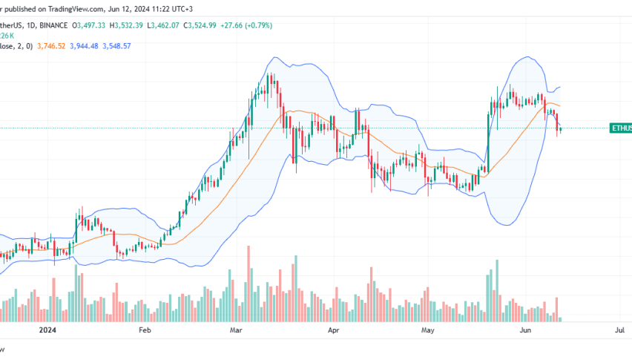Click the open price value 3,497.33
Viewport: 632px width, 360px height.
click(93, 25)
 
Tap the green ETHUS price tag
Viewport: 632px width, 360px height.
click(620, 128)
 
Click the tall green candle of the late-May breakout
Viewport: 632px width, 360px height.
click(489, 140)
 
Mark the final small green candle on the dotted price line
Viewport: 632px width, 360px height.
click(561, 129)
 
